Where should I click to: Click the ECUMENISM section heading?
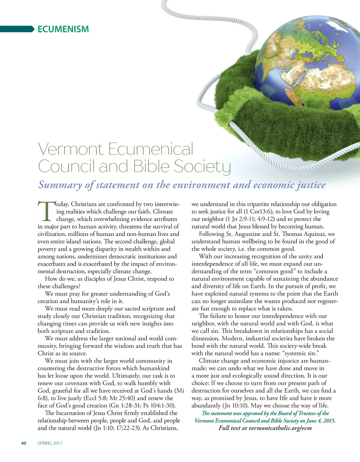click(63, 29)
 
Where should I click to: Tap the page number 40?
click(24, 443)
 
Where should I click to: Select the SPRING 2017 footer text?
click(50, 443)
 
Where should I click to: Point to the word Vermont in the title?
click(71, 149)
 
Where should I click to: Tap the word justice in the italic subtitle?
click(311, 185)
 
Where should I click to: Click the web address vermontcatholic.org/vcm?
click(280, 428)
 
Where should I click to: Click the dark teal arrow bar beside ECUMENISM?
click(17, 29)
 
